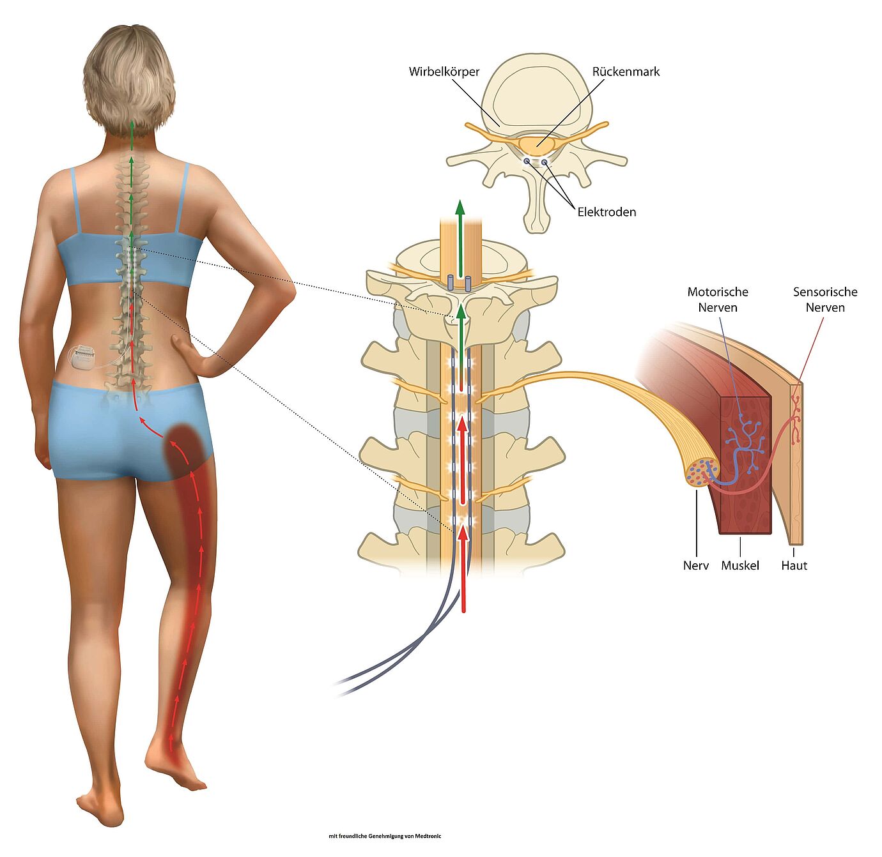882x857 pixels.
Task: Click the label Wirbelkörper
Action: point(444,72)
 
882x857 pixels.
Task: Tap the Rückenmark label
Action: point(626,72)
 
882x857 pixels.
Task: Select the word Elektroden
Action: point(607,212)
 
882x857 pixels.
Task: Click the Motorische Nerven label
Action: point(718,300)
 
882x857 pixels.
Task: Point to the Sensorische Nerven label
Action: point(825,300)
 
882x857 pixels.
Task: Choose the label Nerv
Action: point(696,565)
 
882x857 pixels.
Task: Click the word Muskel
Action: point(739,565)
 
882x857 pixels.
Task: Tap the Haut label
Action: point(794,565)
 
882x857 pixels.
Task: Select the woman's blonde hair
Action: point(128,77)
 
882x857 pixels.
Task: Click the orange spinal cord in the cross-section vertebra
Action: point(537,144)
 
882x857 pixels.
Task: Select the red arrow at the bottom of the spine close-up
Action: point(463,569)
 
